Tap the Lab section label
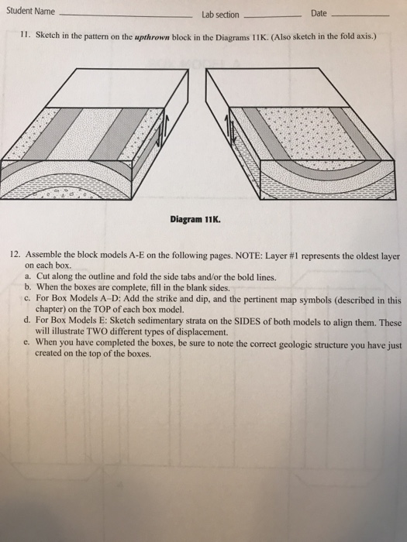(220, 15)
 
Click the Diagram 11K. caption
(195, 218)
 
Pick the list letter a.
(28, 276)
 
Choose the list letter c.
(28, 297)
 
